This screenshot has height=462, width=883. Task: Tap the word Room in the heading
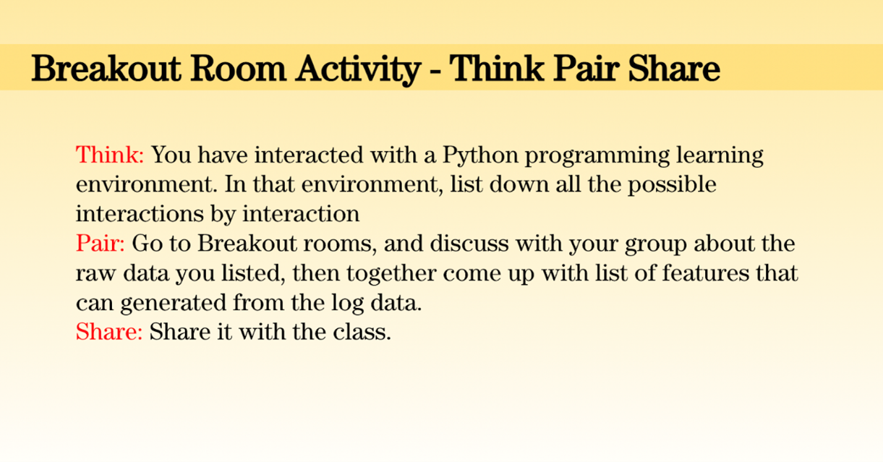click(238, 69)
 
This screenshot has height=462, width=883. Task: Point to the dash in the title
click(435, 72)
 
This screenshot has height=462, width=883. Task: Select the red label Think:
click(110, 155)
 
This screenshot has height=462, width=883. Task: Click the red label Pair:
click(100, 243)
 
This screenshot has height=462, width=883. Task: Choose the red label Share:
click(108, 331)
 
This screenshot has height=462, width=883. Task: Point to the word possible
click(672, 185)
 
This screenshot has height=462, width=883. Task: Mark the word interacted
click(309, 155)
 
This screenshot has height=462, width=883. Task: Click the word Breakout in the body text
click(247, 243)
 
